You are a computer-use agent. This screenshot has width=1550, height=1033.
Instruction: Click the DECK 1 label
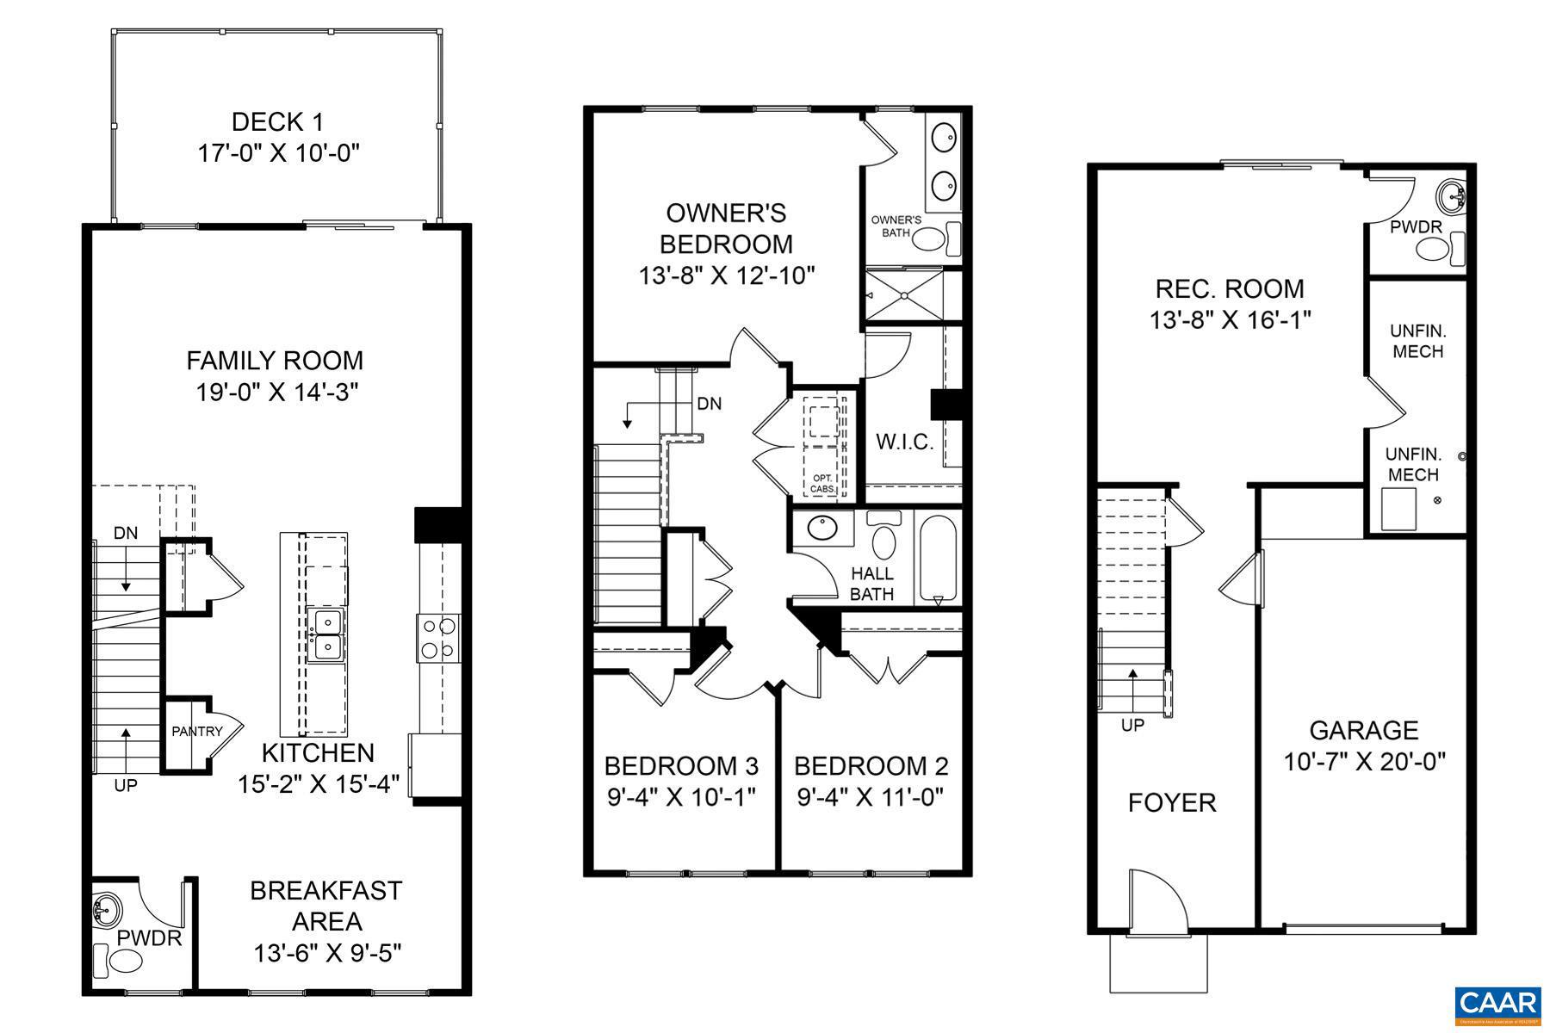[277, 122]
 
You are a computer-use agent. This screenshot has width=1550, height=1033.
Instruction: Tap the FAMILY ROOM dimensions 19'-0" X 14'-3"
[276, 393]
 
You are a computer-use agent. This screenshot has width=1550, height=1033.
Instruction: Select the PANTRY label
[196, 732]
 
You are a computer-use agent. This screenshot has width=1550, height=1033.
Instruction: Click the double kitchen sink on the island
[326, 634]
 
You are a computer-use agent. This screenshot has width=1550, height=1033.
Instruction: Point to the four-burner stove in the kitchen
[438, 638]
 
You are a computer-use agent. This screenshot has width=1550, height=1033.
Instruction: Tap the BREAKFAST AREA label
[326, 906]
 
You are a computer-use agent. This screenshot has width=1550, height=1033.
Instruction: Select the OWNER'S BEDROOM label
[726, 228]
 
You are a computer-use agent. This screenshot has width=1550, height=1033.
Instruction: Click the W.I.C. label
[904, 442]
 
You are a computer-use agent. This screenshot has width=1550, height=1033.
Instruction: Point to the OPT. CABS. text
[822, 483]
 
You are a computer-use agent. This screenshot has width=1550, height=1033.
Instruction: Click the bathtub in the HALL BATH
[938, 557]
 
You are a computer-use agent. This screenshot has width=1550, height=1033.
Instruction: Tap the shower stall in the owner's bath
[905, 295]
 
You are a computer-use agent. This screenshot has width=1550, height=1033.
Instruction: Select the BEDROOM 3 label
[680, 765]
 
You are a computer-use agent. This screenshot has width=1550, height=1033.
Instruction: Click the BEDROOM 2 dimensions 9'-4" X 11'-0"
[870, 797]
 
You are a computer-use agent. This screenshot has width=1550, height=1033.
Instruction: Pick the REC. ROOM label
[1230, 288]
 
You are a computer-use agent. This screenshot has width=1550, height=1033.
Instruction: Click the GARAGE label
[1363, 730]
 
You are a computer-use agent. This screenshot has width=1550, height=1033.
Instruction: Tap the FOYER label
[1172, 802]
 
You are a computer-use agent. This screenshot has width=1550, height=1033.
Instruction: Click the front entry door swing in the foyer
[1157, 899]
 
